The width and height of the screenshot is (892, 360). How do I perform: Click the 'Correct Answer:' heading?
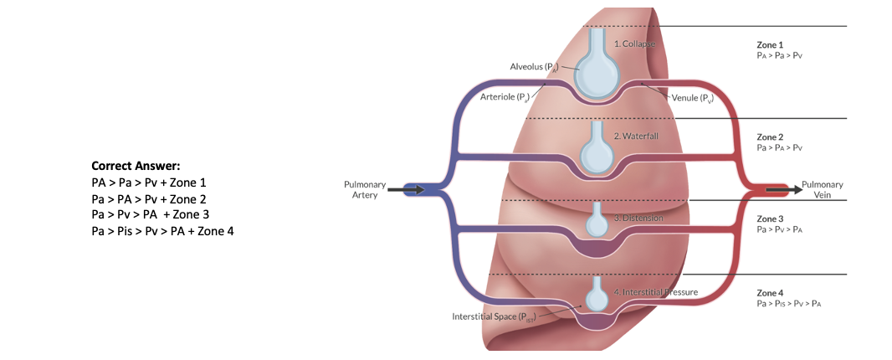(136, 166)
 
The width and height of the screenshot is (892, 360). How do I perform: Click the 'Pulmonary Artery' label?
(365, 189)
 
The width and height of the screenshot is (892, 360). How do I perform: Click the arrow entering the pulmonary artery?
(413, 190)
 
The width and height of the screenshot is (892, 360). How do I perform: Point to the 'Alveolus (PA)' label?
(534, 66)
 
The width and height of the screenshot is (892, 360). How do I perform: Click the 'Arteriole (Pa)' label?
(505, 96)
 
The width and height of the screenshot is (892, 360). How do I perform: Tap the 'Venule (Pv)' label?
(693, 97)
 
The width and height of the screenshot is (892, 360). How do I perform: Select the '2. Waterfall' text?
(638, 136)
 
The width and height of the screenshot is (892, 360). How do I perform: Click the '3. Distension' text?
(638, 218)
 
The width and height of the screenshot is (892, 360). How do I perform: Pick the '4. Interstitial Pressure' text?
(655, 292)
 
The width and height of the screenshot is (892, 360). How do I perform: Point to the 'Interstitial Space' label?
(493, 316)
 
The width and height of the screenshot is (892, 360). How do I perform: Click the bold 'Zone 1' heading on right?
(770, 44)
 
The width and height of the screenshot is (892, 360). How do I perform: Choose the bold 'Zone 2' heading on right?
(770, 136)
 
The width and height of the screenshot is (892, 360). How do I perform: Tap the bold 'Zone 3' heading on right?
(770, 219)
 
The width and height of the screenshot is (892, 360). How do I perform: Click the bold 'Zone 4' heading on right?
(770, 293)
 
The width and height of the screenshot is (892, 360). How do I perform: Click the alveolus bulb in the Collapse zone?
(598, 75)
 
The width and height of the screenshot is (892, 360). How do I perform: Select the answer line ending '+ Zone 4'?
(162, 230)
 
